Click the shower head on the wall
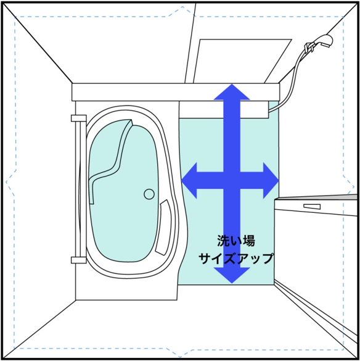pos(324,41)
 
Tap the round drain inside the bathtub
pos(149,194)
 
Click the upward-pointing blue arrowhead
pos(232,92)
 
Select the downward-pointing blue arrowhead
pos(232,275)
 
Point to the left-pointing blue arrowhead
pos(189,180)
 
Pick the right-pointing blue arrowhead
pos(271,180)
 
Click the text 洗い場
pos(236,241)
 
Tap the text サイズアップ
pos(236,259)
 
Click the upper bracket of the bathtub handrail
pos(79,118)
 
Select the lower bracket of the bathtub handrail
pos(79,260)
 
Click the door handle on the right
pos(312,206)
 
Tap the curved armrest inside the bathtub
pos(164,228)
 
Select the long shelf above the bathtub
pos(176,92)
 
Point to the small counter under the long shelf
pos(224,110)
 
